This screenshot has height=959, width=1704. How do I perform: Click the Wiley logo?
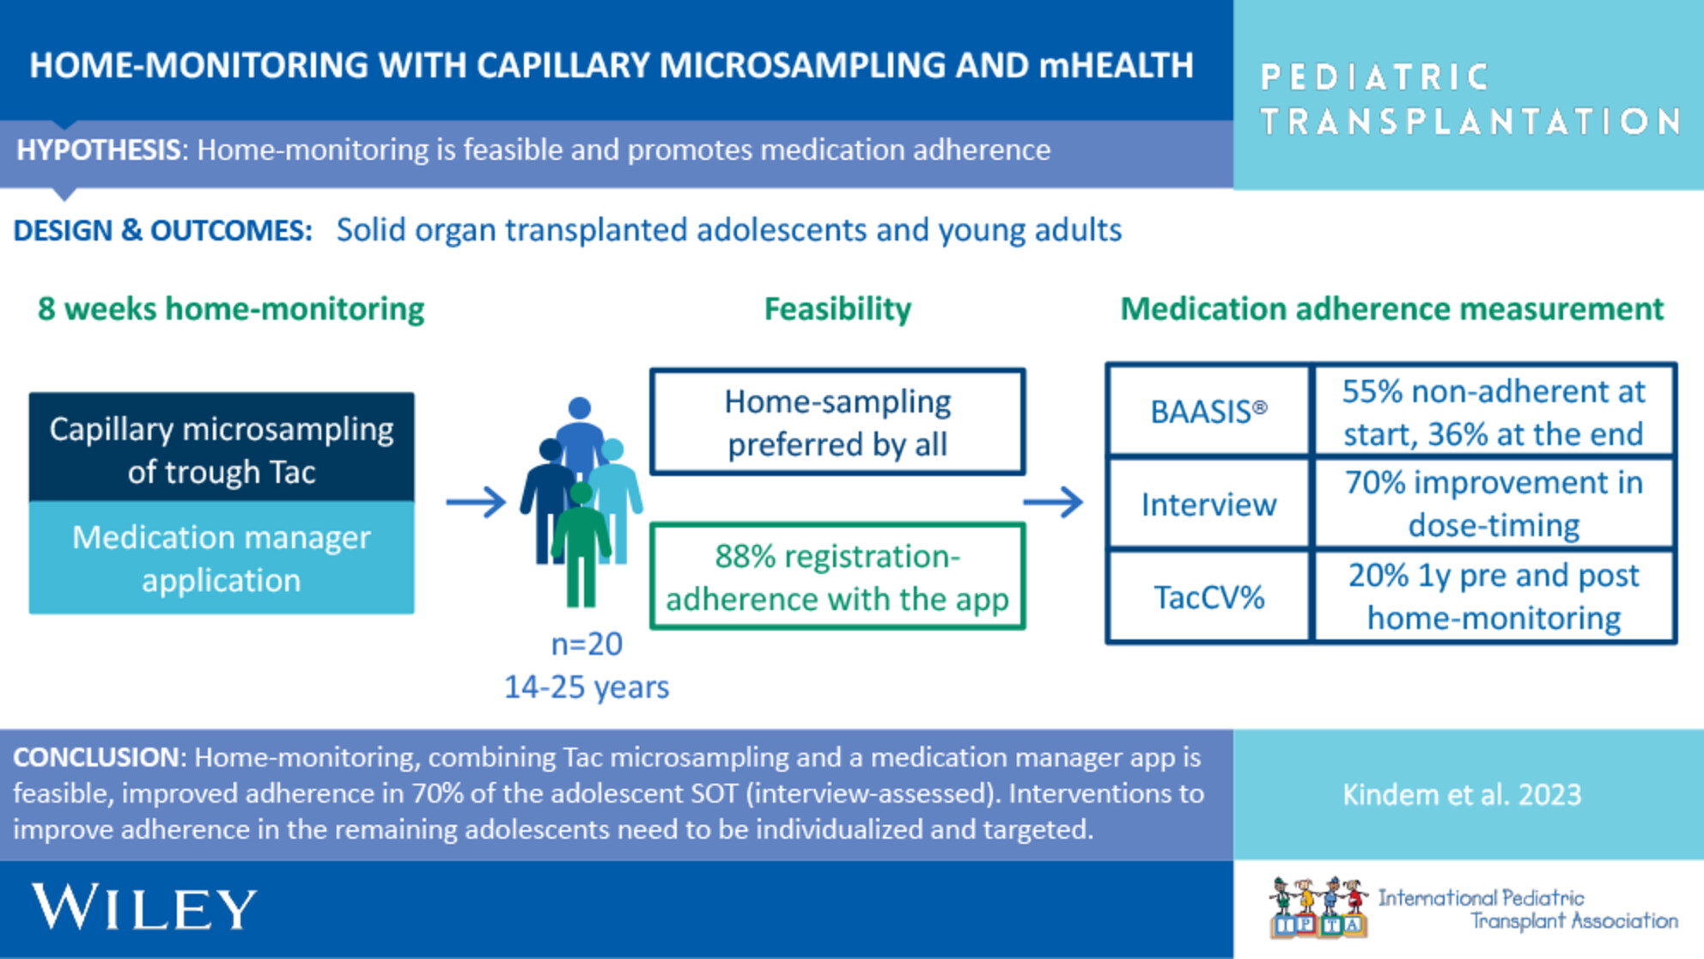pos(144,907)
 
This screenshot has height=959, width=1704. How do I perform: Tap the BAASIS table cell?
pos(1208,410)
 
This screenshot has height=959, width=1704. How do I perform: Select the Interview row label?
pos(1208,504)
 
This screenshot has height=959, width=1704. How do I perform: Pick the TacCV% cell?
pos(1208,596)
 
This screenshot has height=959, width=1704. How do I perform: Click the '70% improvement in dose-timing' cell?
pos(1494,504)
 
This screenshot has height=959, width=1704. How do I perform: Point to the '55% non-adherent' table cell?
pos(1494,412)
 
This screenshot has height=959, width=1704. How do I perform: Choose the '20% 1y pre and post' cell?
pos(1494,596)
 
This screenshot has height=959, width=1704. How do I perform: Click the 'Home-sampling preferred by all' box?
pos(837,422)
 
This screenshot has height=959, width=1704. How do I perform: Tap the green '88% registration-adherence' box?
pos(837,577)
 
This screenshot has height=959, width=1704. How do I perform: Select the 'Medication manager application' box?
pos(222,558)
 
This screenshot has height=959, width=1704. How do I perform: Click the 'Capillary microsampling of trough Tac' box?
pos(222,448)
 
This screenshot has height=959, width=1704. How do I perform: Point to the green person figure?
pos(581,545)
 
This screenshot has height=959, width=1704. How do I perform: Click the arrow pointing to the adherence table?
pos(1054,502)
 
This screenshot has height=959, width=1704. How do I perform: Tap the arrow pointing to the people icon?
pos(477,502)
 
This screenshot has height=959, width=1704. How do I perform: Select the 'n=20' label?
pos(587,644)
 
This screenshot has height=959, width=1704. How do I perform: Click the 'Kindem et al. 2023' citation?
pos(1462,794)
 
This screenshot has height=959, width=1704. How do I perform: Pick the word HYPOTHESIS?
pos(98,150)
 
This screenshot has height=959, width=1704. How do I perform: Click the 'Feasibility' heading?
pos(837,308)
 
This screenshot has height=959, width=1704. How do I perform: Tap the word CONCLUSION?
pos(97,757)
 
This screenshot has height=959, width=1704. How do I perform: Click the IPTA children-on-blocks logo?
pos(1318,907)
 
